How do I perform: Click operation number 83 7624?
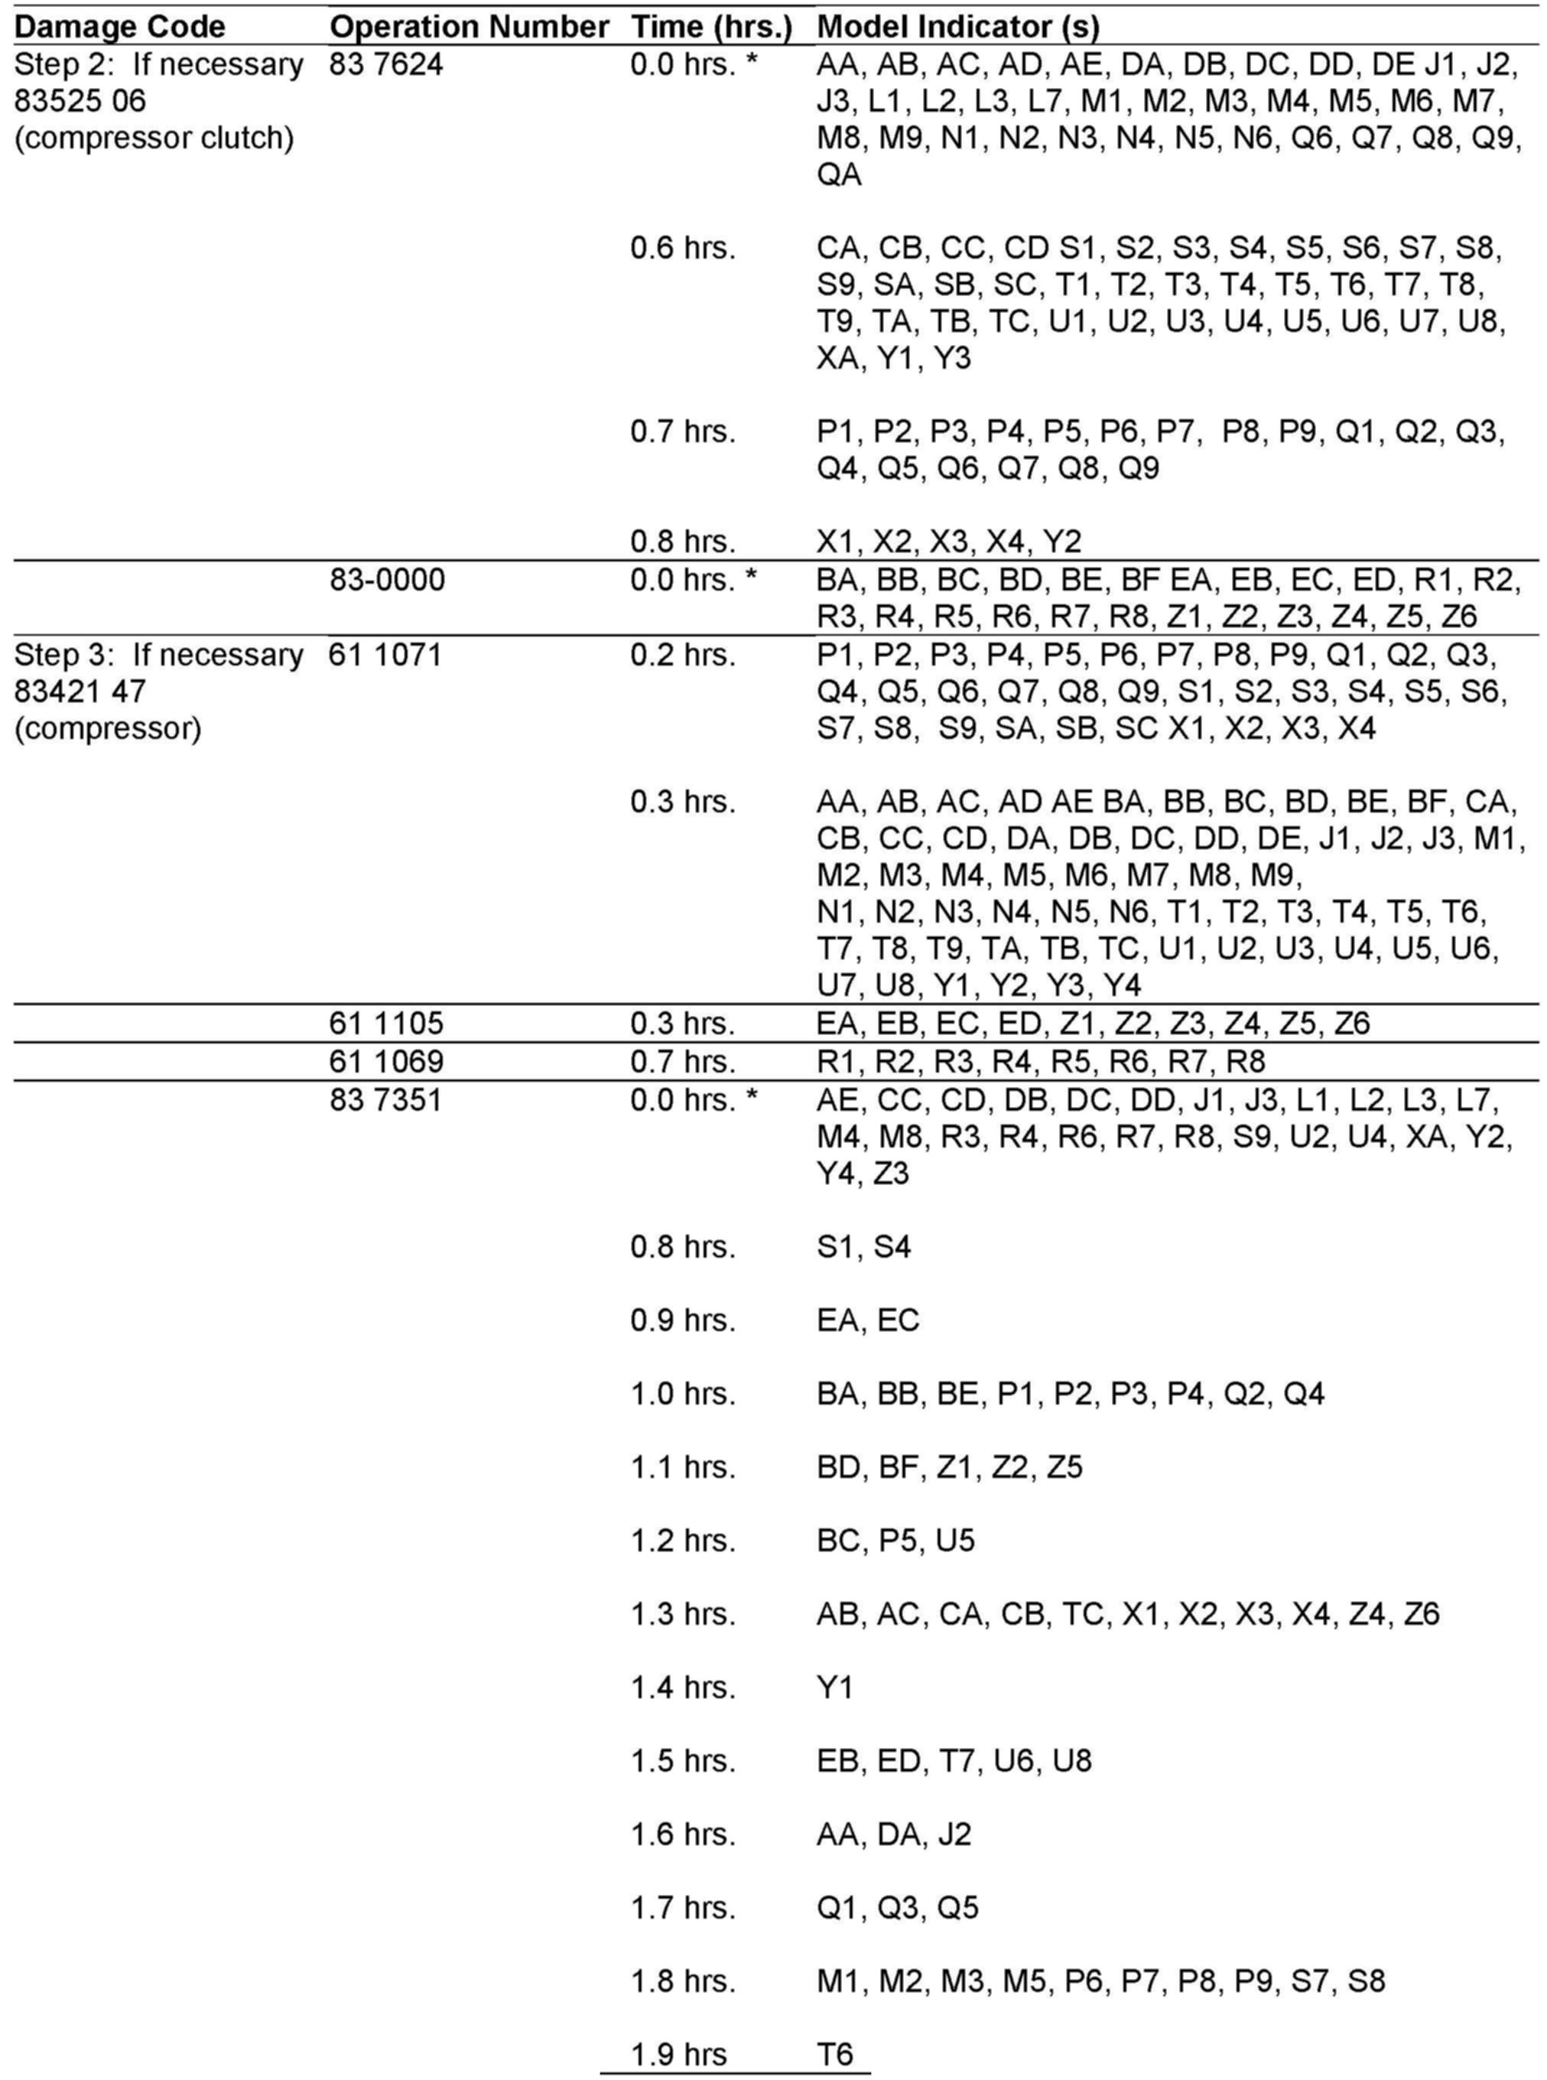386,64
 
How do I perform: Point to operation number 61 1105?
386,1023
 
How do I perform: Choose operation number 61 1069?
386,1061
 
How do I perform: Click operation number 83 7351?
386,1099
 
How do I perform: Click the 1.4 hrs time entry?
683,1687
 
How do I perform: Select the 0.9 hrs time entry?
683,1320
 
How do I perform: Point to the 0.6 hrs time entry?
683,248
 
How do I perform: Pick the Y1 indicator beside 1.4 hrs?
834,1687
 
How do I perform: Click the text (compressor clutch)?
154,138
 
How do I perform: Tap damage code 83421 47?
80,691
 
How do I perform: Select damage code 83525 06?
80,101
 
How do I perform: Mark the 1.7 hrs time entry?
683,1907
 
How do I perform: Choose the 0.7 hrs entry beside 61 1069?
683,1061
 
